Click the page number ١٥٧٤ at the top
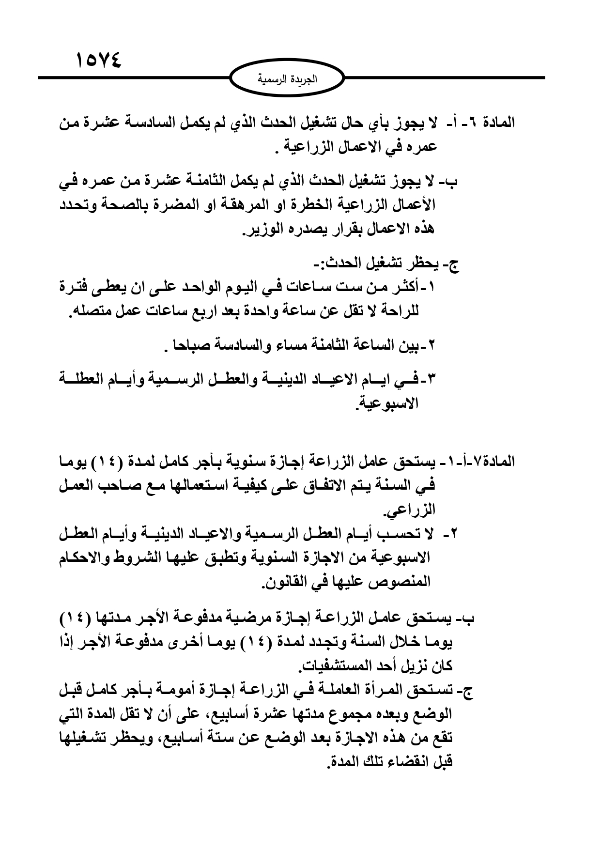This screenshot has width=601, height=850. click(x=99, y=62)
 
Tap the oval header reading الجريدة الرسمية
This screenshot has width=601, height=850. click(x=287, y=77)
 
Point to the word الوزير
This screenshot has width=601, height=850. click(x=265, y=230)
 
